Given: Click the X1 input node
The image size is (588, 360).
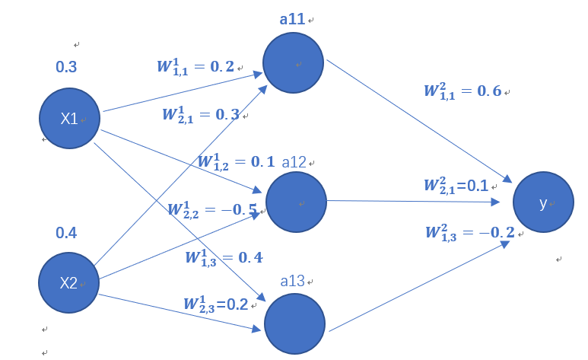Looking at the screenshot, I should (x=69, y=118).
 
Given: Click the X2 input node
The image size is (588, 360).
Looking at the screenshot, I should (x=68, y=282).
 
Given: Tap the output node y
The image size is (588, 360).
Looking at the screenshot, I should (x=543, y=203).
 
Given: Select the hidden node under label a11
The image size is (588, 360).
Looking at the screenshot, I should (x=294, y=63).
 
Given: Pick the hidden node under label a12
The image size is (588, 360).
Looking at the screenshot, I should (x=296, y=202).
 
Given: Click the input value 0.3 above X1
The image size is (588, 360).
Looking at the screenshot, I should (x=66, y=67).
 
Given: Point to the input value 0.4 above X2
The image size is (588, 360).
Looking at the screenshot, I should (x=66, y=233).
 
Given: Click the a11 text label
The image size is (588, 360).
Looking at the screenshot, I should (x=293, y=19).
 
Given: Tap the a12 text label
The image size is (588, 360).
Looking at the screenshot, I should (x=294, y=162).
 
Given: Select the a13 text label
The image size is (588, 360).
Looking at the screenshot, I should (x=293, y=281).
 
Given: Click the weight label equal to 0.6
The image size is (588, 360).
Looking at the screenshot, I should (x=462, y=91).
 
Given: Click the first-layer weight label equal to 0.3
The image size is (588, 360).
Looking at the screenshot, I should (x=200, y=114).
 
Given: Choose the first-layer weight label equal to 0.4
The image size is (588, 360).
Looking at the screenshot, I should (x=224, y=256).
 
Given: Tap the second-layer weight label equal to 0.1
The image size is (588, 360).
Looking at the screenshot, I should (x=456, y=186).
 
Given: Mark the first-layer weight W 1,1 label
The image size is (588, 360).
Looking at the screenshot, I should (x=195, y=66).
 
